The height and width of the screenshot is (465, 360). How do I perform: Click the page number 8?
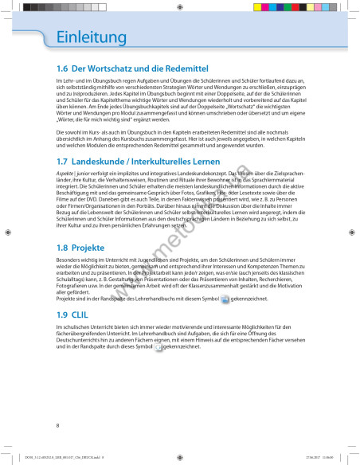[x=58, y=426]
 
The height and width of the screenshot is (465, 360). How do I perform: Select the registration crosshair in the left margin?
[x=7, y=232]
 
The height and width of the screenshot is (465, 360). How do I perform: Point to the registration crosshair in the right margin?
[x=353, y=232]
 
